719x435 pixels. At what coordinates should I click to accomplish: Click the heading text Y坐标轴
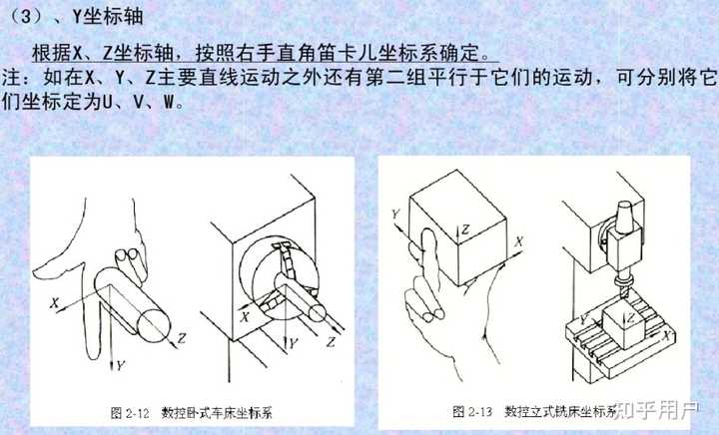(101, 16)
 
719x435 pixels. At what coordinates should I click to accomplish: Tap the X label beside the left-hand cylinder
(59, 296)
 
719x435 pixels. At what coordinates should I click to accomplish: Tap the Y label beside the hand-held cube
(396, 214)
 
